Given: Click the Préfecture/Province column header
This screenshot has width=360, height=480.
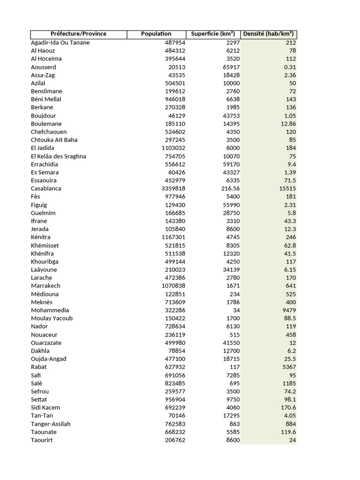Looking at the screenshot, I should [79, 34].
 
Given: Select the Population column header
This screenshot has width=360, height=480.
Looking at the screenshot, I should [156, 34].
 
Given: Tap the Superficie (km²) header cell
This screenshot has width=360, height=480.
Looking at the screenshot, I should [213, 34].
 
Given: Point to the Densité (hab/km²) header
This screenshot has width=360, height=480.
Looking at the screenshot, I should [268, 34].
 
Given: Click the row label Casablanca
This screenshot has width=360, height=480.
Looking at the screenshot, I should [46, 188].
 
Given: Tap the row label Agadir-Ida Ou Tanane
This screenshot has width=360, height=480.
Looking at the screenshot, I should [60, 43].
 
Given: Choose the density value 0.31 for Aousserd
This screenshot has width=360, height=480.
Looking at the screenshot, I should [290, 67].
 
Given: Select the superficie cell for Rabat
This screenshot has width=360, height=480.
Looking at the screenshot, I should [234, 367].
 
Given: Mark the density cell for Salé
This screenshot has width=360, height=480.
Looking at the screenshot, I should [288, 383].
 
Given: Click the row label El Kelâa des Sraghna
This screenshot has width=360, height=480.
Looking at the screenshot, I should [59, 156].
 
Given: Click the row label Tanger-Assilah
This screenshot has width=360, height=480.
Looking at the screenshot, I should [51, 424].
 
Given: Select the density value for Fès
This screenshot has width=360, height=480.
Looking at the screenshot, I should [290, 197].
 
